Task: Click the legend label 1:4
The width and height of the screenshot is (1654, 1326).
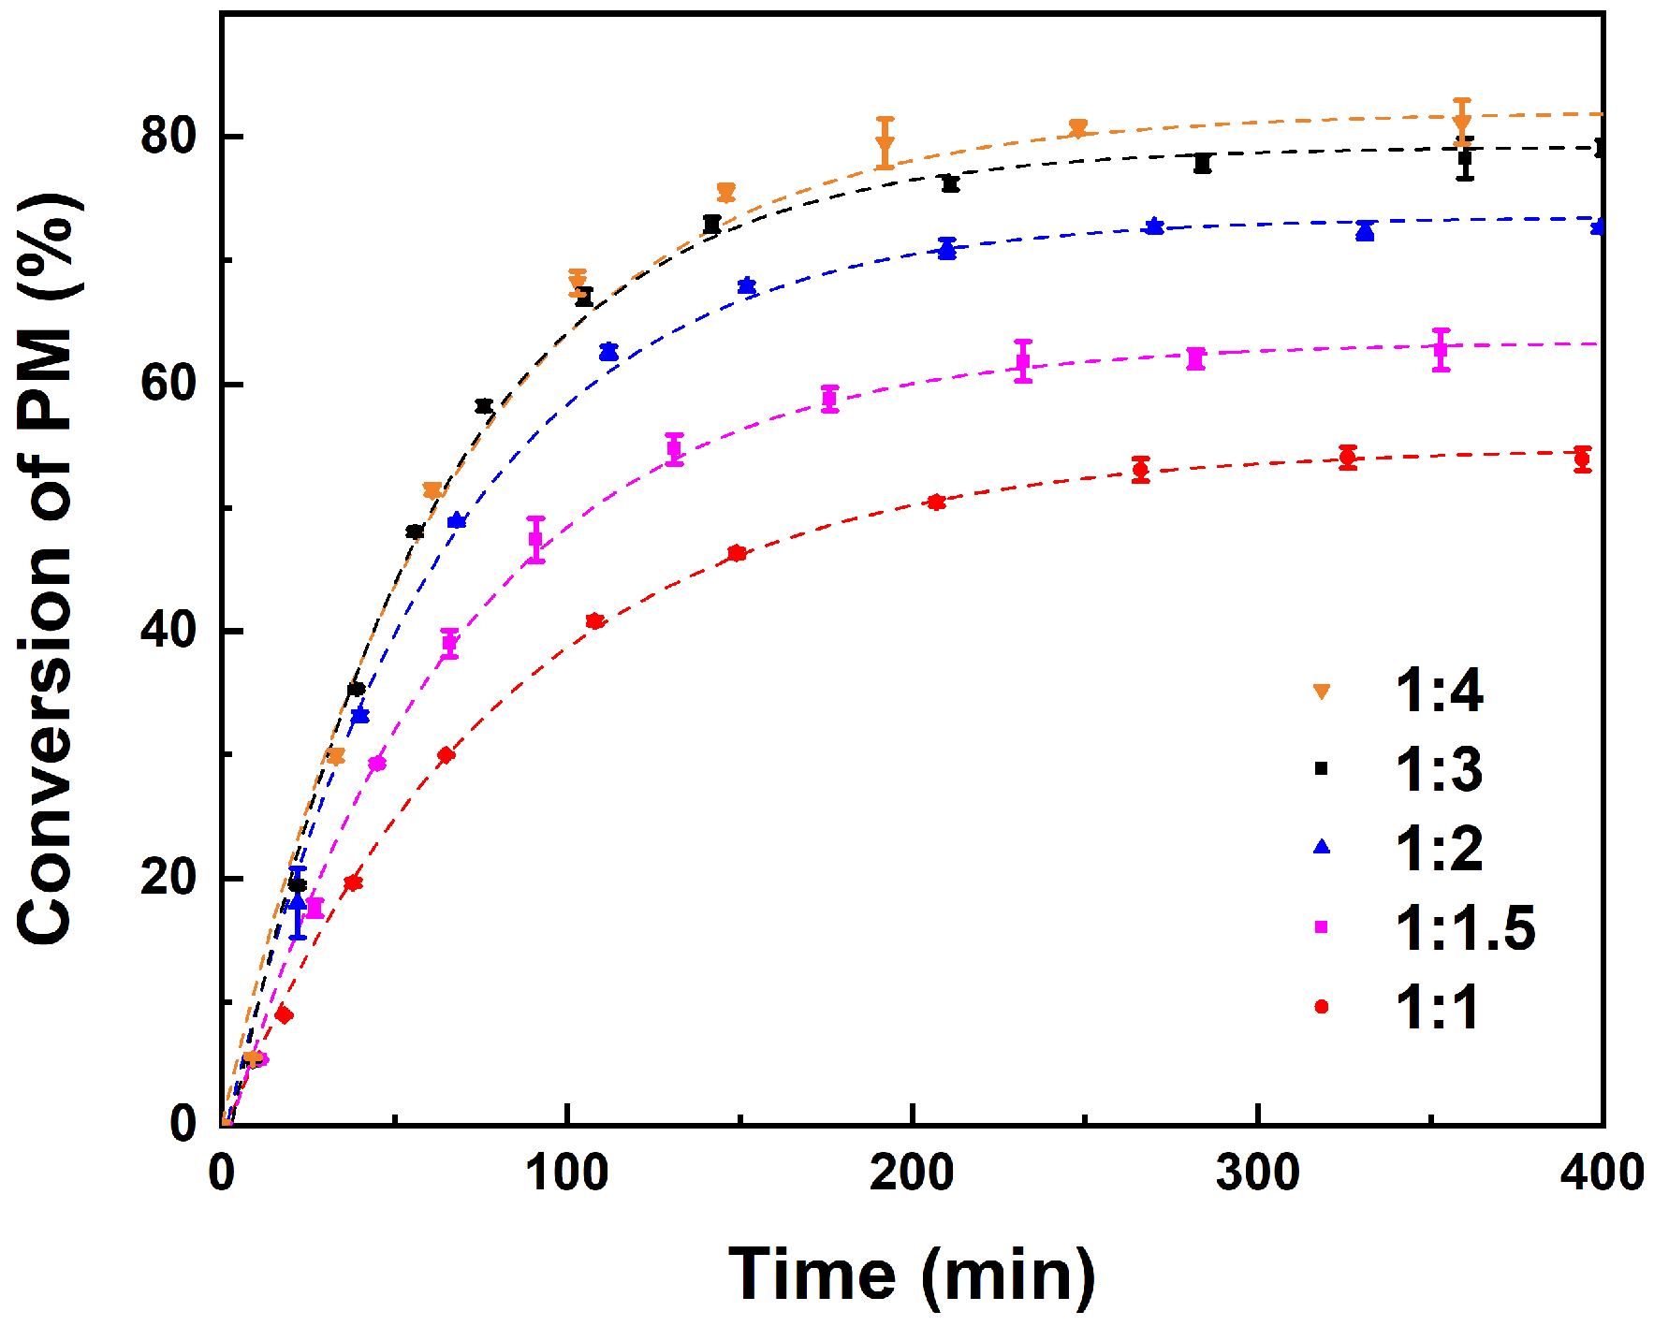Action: click(x=1438, y=692)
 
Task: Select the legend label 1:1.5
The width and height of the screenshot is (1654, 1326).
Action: click(x=1465, y=928)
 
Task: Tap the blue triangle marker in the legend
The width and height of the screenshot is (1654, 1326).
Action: click(x=1322, y=847)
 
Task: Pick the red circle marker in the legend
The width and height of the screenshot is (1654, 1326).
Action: click(x=1322, y=1007)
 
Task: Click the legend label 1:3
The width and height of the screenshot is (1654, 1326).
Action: click(x=1438, y=770)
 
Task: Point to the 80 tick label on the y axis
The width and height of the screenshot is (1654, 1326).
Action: click(x=168, y=136)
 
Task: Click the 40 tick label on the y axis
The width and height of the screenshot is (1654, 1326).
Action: click(x=168, y=630)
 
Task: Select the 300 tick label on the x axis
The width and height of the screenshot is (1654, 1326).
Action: click(x=1257, y=1173)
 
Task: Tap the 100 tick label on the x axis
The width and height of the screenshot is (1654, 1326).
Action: click(x=566, y=1173)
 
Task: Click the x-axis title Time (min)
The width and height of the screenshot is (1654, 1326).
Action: click(x=912, y=1274)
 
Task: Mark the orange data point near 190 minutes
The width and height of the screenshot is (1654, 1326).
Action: click(x=886, y=145)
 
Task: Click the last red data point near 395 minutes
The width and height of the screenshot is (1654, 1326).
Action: click(x=1582, y=459)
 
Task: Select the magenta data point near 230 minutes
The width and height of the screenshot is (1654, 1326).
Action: click(x=1023, y=361)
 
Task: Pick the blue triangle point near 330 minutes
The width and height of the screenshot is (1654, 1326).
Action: click(x=1365, y=231)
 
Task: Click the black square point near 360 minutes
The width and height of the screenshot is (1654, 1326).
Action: click(x=1465, y=158)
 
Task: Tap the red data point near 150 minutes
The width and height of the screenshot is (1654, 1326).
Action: click(x=737, y=553)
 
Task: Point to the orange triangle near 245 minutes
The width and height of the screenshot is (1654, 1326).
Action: click(x=1077, y=128)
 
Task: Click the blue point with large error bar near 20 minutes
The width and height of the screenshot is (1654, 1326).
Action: click(x=298, y=904)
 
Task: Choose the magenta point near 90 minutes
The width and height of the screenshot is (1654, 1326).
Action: click(x=535, y=539)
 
